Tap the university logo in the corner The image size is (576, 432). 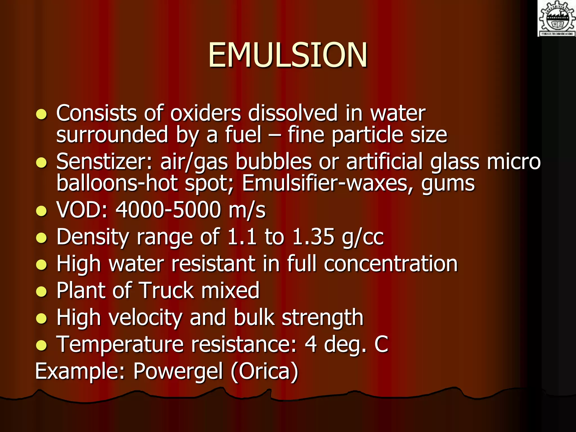point(557,18)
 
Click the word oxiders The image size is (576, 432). point(206,113)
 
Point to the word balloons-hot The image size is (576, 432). point(117,183)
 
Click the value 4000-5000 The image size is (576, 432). point(168,210)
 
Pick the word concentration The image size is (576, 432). point(391,264)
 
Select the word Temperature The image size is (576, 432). point(120,344)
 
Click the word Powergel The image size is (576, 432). point(178,371)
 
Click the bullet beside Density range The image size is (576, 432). point(41,238)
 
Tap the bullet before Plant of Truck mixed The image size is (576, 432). point(41,291)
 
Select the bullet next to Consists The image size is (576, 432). point(41,114)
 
